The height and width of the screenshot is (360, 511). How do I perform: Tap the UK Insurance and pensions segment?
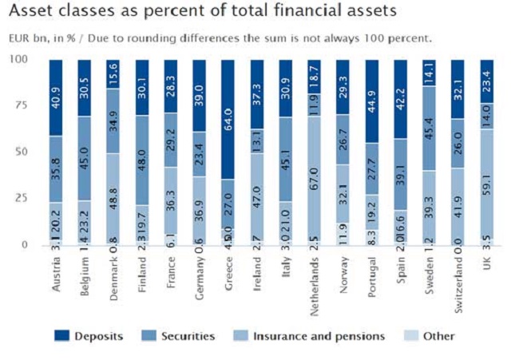tap(487, 184)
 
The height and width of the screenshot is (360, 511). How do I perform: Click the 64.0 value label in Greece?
tap(228, 109)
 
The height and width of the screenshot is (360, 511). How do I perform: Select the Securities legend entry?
tap(181, 336)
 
